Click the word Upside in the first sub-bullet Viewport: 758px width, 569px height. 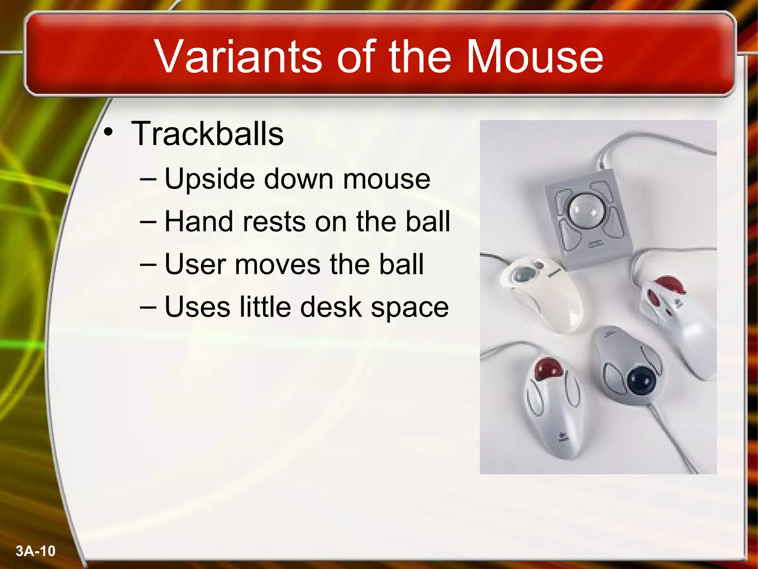[209, 179]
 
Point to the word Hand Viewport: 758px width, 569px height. [198, 222]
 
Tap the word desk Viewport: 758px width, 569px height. [331, 307]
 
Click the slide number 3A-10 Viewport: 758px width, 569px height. [36, 551]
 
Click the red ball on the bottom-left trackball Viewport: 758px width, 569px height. [549, 368]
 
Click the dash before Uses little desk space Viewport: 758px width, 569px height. [148, 307]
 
